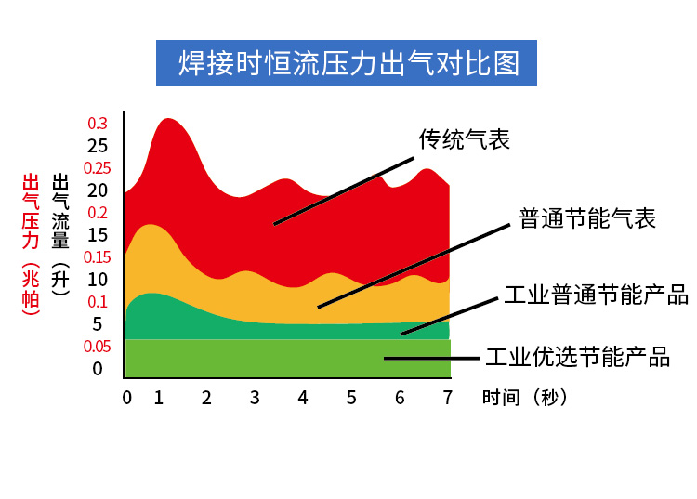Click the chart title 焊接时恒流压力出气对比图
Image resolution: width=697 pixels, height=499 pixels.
point(348,63)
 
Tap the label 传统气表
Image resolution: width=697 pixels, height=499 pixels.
point(464,139)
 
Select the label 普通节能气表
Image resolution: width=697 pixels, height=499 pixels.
point(587,218)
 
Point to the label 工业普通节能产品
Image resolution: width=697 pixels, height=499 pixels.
point(596,295)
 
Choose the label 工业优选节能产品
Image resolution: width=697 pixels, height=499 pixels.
point(577,357)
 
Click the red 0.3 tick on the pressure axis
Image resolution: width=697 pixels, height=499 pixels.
point(98,124)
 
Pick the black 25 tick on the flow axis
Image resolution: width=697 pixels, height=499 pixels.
point(98,146)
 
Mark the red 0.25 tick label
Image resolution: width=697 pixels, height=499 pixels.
point(98,168)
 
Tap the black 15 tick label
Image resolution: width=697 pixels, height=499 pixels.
point(98,235)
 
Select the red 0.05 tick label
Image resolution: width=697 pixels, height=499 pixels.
point(98,347)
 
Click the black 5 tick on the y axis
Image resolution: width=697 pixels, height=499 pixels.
point(98,324)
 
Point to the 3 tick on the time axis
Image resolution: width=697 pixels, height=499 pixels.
point(255,398)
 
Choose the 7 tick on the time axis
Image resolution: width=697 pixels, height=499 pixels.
point(448,398)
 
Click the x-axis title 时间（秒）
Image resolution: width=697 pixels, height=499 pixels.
point(525,397)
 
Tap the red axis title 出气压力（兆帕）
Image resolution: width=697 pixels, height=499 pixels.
point(31,244)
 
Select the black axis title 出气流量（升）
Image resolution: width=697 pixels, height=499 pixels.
point(60,234)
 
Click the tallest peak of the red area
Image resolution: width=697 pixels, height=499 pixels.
point(168,119)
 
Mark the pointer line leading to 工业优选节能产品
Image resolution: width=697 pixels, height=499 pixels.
point(432,358)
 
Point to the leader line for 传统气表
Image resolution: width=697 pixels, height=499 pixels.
point(344,191)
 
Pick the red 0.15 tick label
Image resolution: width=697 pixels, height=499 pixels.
point(98,257)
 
